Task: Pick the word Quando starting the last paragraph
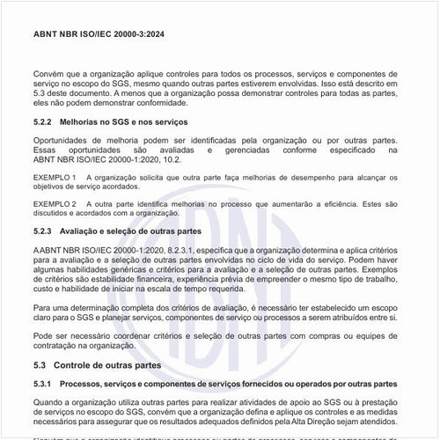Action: (x=49, y=401)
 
